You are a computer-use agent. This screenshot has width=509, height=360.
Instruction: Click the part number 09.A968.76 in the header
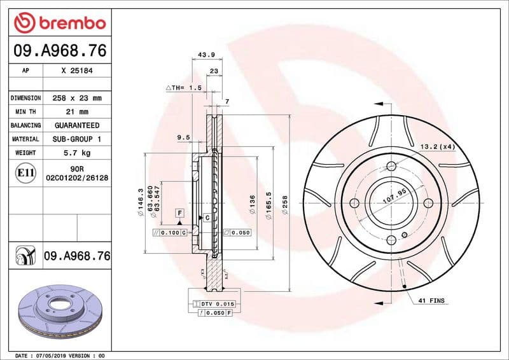tap(59, 50)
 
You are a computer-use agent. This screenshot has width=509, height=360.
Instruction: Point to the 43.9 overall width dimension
tap(205, 55)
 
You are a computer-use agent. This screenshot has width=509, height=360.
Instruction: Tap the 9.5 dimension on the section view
tap(184, 137)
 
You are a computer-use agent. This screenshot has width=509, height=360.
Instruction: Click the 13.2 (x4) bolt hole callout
tap(437, 147)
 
